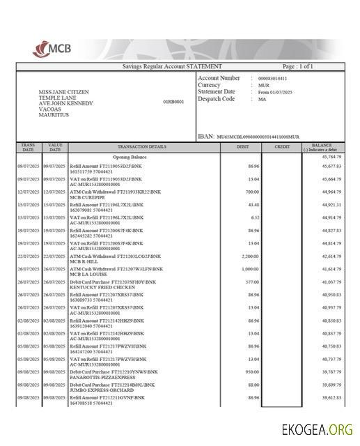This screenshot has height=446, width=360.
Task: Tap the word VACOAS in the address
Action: pos(48,109)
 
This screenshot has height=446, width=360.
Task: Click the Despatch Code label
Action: pos(216,99)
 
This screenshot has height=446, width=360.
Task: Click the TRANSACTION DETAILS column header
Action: pos(141,146)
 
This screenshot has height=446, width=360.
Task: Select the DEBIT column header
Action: pos(243,146)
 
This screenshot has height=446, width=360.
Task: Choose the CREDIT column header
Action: pos(282,146)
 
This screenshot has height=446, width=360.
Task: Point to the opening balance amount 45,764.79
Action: pos(331,157)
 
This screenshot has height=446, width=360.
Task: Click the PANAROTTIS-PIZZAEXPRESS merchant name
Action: pos(101,376)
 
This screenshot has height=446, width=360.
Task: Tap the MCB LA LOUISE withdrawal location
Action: pos(86,273)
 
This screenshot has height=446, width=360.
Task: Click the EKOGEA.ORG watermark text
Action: pos(316,429)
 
